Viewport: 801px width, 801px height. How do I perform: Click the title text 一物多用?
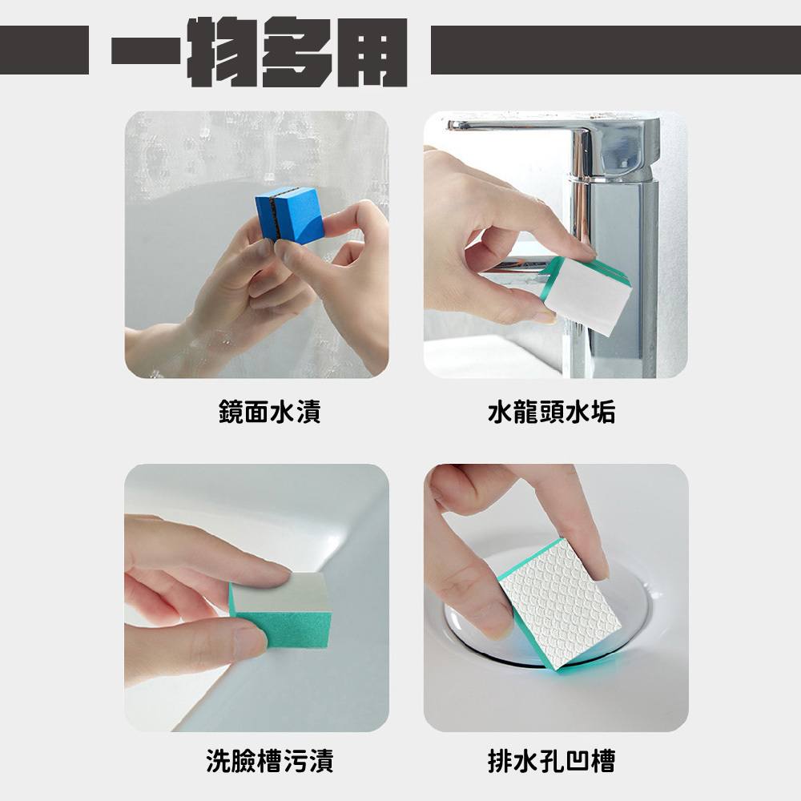click(260, 51)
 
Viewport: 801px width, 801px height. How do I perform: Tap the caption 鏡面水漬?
click(270, 412)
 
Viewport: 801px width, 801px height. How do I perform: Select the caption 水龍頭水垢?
click(552, 412)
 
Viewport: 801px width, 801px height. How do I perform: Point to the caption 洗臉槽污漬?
click(270, 761)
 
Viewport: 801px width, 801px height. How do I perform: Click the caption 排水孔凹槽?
click(552, 761)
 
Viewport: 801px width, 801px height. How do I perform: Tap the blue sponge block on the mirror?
click(290, 215)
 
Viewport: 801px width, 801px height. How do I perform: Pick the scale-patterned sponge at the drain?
click(559, 603)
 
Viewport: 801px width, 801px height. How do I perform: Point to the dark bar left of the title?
click(44, 50)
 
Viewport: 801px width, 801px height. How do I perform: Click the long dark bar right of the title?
click(615, 50)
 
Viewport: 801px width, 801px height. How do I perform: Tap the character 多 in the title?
click(296, 51)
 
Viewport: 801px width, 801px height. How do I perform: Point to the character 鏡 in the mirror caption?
click(231, 412)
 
